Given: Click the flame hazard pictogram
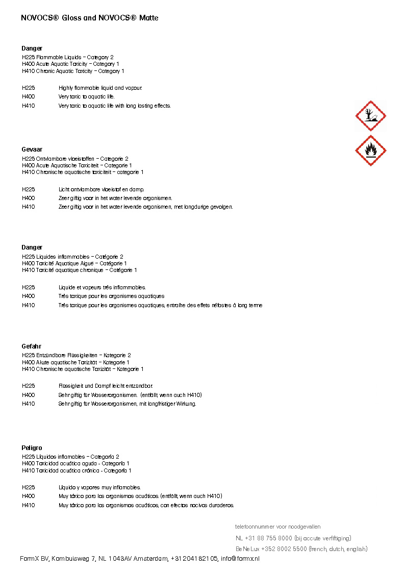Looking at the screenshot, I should tap(370, 151).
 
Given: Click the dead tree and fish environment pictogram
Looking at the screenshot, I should tap(370, 116).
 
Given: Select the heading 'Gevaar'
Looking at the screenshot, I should tap(32, 150).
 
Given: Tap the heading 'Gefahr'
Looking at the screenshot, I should tap(31, 346).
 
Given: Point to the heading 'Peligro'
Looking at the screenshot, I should tap(32, 448).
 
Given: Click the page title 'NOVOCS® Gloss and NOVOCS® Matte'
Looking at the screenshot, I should tap(90, 18).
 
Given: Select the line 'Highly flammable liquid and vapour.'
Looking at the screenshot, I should tap(100, 88).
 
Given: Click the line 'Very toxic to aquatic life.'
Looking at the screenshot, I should tap(87, 96).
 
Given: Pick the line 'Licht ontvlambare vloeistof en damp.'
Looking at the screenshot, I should tap(102, 189).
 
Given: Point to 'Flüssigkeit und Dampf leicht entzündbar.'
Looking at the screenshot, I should tap(106, 386).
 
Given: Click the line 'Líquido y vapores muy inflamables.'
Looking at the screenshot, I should tap(99, 487).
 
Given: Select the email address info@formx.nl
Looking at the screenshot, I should tap(240, 559).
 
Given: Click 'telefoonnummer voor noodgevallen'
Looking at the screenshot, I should tap(277, 527).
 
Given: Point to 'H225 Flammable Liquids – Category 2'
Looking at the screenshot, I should tap(68, 57).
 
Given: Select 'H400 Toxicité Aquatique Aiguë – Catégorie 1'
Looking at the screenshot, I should tap(74, 263).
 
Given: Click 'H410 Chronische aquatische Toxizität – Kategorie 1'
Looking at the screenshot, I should tap(83, 369).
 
